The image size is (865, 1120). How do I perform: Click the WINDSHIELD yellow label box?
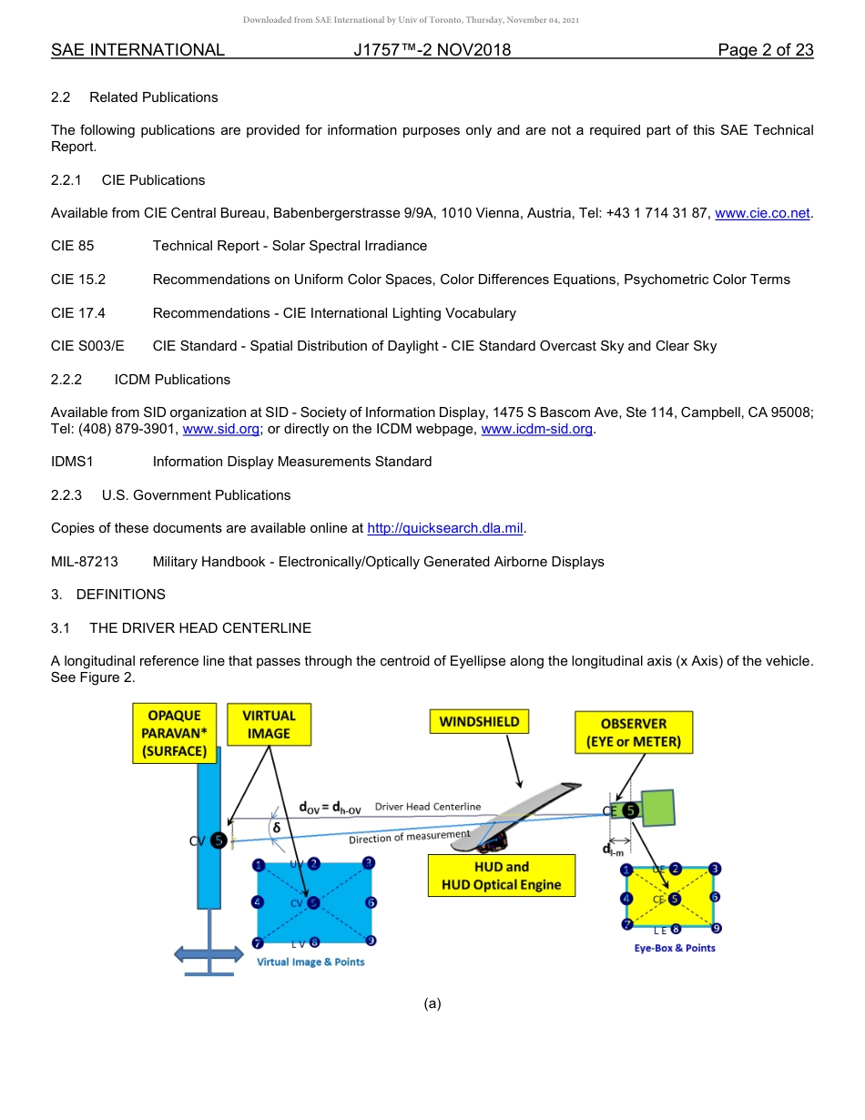pyautogui.click(x=480, y=722)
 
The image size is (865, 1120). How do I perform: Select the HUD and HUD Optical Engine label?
pyautogui.click(x=502, y=875)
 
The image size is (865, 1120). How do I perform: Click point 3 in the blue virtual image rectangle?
pyautogui.click(x=368, y=863)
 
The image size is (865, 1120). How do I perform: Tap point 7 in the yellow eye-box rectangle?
pyautogui.click(x=627, y=924)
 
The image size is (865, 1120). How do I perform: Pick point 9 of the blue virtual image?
pyautogui.click(x=371, y=942)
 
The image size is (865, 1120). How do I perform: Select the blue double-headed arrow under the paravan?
pyautogui.click(x=209, y=953)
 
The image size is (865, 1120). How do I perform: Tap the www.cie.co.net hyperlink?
pyautogui.click(x=762, y=213)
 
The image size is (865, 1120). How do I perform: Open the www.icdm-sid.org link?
pyautogui.click(x=536, y=429)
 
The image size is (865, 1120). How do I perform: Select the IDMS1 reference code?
pyautogui.click(x=73, y=462)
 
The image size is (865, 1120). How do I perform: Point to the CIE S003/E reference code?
pyautogui.click(x=87, y=346)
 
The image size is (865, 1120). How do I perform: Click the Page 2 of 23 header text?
pyautogui.click(x=765, y=50)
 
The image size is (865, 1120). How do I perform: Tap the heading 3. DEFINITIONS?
pyautogui.click(x=108, y=595)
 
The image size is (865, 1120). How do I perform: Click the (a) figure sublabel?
pyautogui.click(x=432, y=1003)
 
